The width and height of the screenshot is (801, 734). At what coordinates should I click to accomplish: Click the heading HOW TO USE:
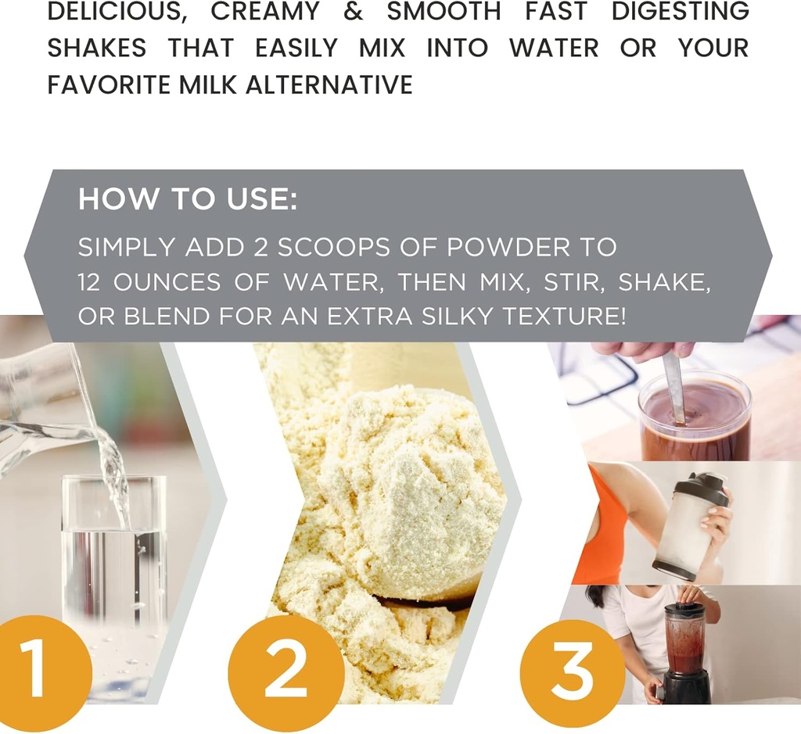point(188,199)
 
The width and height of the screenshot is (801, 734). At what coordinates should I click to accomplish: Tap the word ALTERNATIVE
point(329,84)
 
